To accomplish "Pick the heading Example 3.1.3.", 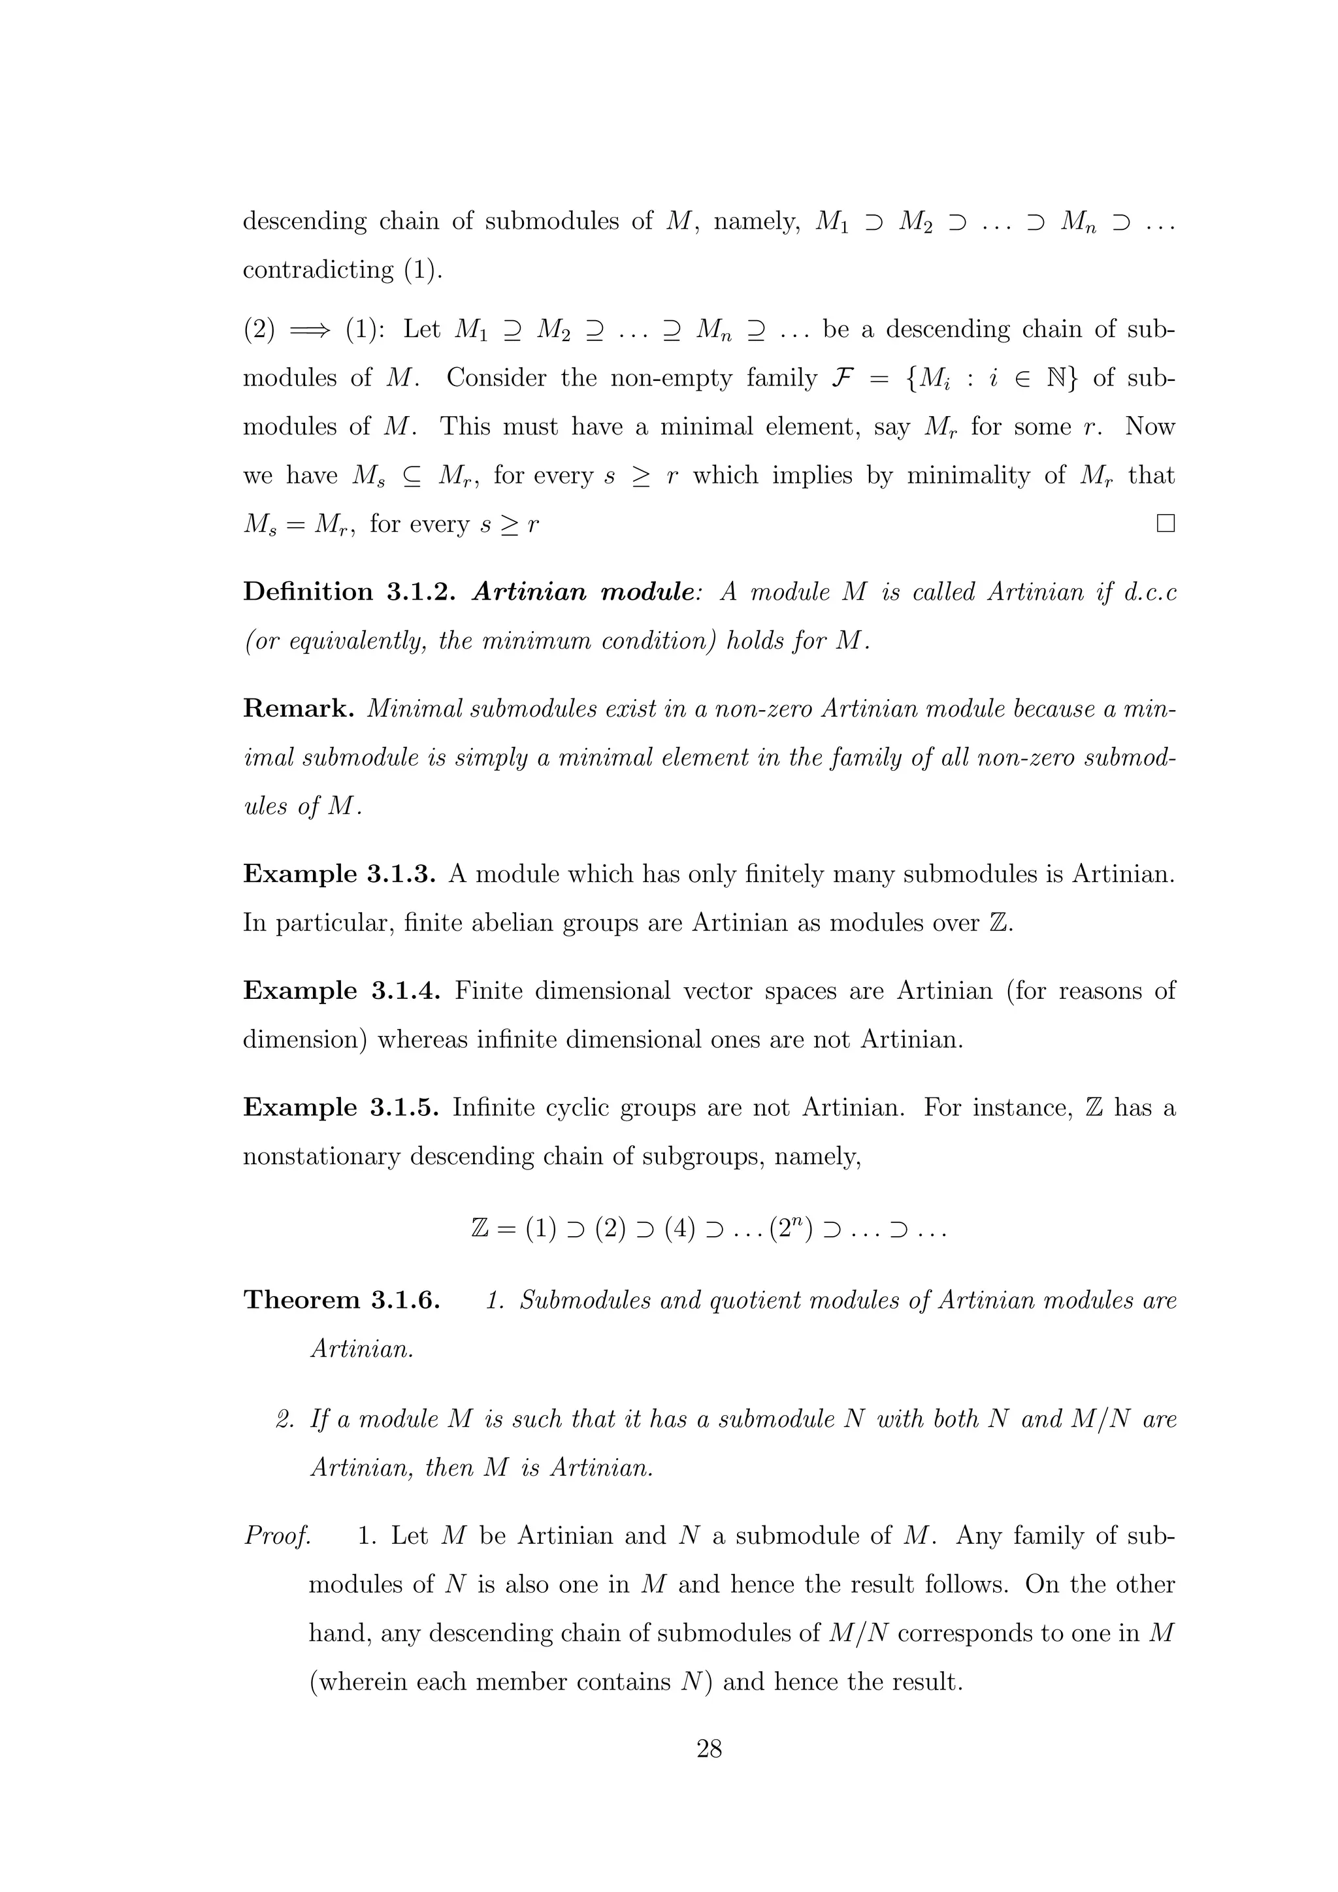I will pos(338,873).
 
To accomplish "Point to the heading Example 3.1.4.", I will pos(341,990).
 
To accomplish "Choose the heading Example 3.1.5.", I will pos(340,1107).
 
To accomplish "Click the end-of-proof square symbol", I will pos(1165,523).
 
